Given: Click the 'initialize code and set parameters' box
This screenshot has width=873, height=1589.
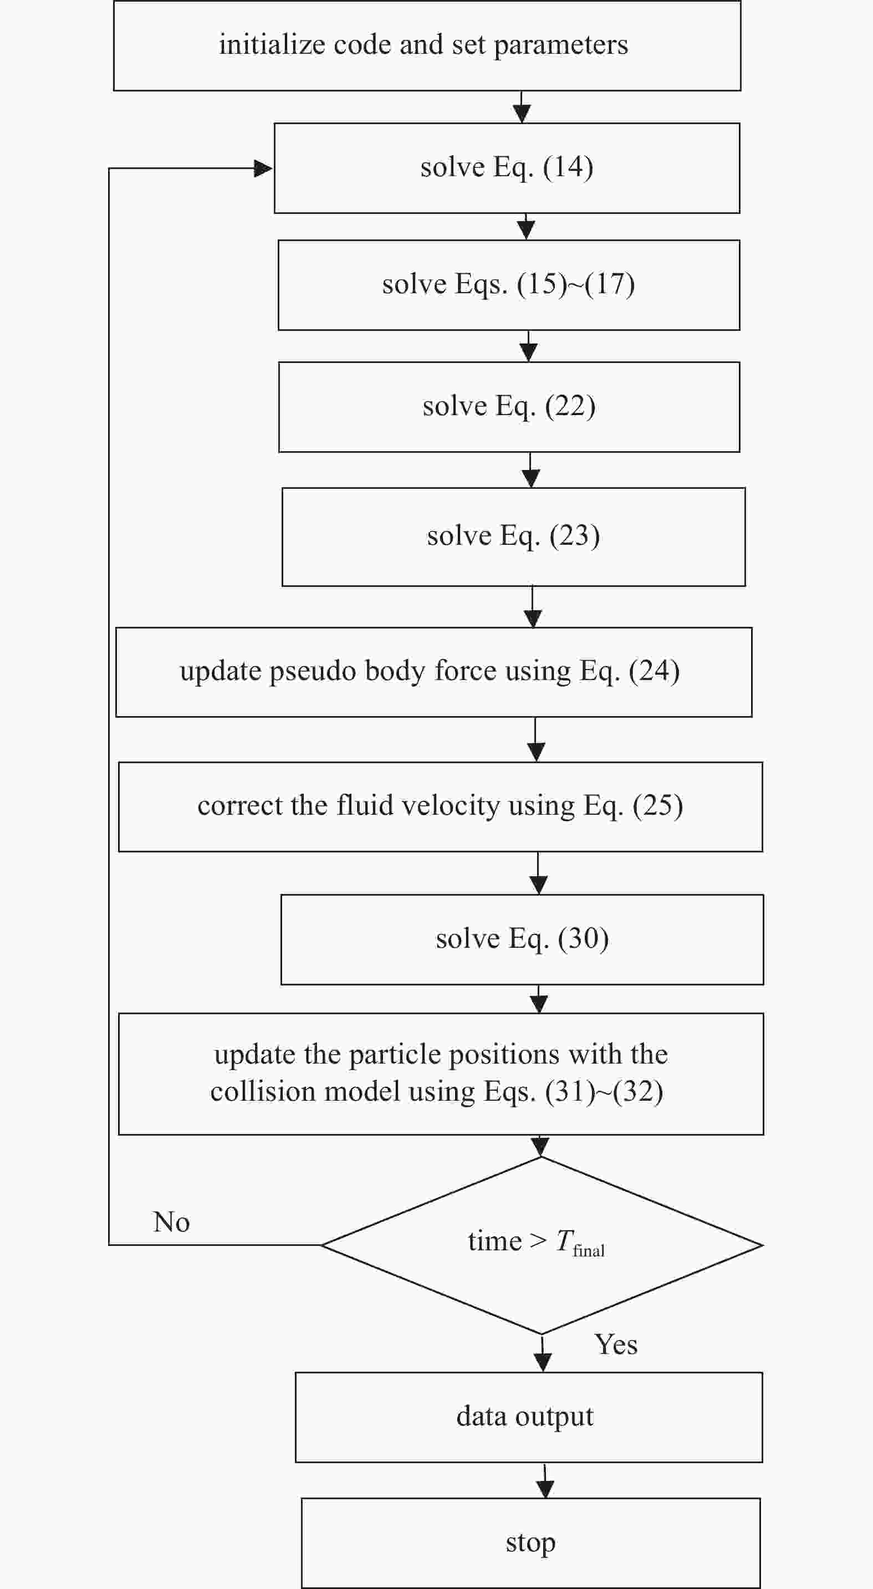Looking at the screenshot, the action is click(x=427, y=45).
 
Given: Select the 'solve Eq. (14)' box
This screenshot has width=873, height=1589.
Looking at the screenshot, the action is click(x=507, y=168).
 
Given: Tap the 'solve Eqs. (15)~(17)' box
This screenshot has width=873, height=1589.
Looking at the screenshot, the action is click(x=509, y=285).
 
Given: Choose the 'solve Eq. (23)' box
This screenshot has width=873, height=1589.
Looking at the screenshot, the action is click(x=513, y=537).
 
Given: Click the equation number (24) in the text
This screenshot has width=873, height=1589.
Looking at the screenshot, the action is click(x=654, y=671).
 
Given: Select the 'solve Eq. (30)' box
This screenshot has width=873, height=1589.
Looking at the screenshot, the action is click(x=522, y=939).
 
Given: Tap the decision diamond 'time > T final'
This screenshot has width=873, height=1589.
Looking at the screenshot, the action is click(x=542, y=1245).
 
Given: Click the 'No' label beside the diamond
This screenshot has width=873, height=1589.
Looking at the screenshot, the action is click(x=171, y=1222).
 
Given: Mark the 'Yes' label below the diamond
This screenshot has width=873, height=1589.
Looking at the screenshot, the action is click(x=616, y=1345).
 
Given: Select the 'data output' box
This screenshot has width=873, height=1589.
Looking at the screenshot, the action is click(x=529, y=1418).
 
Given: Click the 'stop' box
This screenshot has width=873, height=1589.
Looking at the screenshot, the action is click(x=530, y=1544).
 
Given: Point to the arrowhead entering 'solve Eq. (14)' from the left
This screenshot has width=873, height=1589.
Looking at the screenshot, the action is click(x=263, y=168).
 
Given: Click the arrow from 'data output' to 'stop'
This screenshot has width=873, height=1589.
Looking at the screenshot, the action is click(x=545, y=1480).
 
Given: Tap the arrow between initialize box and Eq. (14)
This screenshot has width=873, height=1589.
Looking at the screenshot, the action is click(x=522, y=108).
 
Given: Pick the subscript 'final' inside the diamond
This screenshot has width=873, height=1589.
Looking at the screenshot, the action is click(x=589, y=1251).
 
